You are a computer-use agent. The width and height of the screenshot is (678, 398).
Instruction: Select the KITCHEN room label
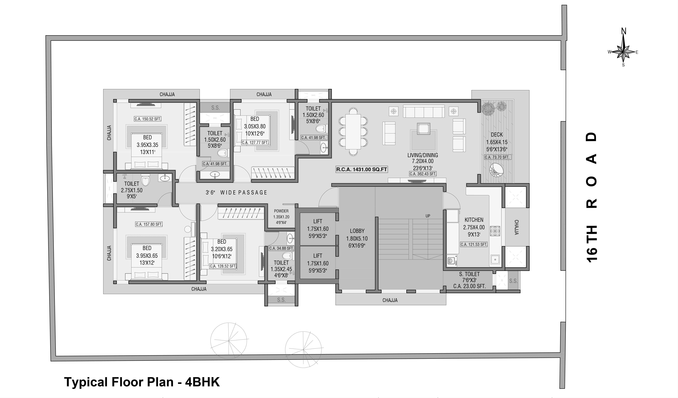(474, 220)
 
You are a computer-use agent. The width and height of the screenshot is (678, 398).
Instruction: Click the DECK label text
(497, 135)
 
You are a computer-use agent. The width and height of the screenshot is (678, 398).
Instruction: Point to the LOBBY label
(357, 231)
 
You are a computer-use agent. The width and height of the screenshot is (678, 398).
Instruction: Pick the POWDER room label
(281, 211)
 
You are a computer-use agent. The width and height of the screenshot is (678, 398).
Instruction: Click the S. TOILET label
(469, 274)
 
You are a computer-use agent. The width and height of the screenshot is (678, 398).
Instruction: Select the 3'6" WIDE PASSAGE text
(236, 193)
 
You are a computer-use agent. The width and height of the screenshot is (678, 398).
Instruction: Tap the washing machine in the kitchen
(451, 260)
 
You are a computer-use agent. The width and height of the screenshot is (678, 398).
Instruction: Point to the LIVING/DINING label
(423, 155)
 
